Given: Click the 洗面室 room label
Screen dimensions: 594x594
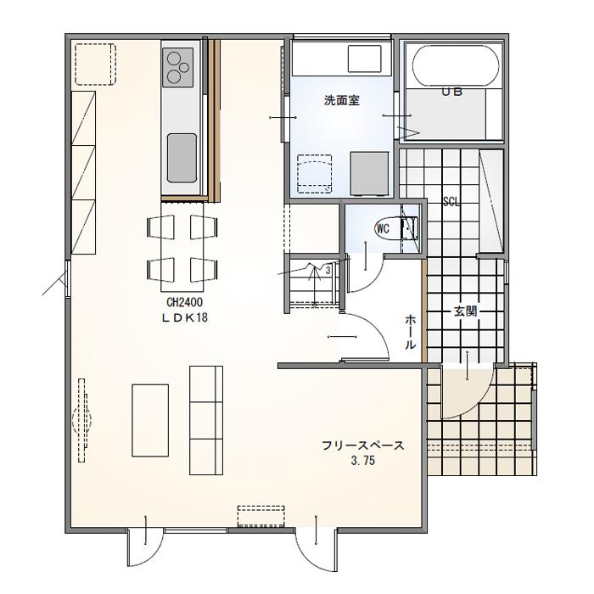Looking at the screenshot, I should (342, 100).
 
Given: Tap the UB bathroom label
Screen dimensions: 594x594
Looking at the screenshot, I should (451, 92).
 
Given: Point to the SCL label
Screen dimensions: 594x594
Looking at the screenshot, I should (451, 202).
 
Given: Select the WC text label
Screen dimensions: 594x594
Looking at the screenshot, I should (383, 228).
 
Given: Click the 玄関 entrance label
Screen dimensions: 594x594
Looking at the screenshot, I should (465, 311).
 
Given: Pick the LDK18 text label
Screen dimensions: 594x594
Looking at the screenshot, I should (185, 317).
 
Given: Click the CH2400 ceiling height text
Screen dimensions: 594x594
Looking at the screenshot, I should (184, 301).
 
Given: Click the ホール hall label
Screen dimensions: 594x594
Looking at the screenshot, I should (410, 332).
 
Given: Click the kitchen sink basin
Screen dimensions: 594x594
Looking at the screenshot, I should (182, 157).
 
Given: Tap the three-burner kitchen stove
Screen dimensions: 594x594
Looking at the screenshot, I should (179, 66).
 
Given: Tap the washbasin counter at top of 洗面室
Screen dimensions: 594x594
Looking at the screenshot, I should (365, 59).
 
